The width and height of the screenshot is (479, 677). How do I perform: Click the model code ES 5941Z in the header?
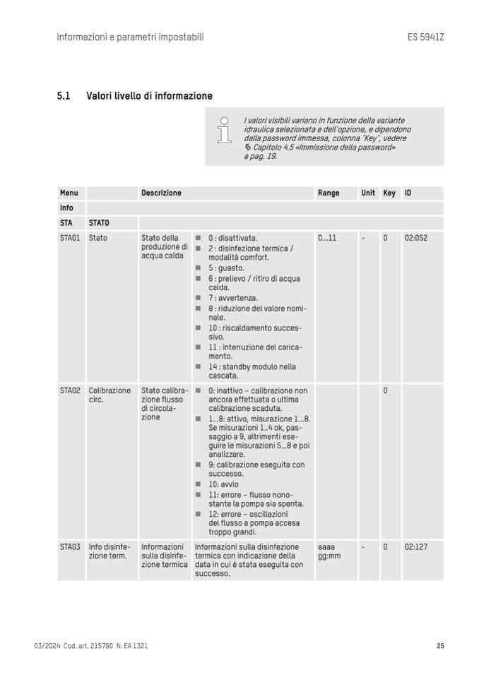point(425,37)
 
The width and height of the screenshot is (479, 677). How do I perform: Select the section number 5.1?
point(63,96)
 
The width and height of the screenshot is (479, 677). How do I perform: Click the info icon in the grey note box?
point(225,129)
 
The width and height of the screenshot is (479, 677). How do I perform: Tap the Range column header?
point(329,193)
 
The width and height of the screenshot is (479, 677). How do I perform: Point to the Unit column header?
point(368,193)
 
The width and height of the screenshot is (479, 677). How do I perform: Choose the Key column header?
point(389,193)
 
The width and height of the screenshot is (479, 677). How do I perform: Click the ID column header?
point(408,193)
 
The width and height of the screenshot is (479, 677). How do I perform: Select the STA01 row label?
point(70,238)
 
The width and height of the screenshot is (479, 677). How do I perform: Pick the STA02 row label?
point(70,390)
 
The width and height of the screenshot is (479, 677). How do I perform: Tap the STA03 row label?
point(70,546)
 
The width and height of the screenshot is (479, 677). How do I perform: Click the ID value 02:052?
point(416,238)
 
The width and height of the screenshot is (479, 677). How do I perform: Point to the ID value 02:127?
point(416,546)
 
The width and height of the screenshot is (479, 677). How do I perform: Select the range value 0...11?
point(327,238)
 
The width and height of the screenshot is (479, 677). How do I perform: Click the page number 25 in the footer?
point(440,646)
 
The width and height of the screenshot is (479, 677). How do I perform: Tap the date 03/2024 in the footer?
point(46,646)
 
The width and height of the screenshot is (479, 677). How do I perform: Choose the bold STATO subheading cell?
point(99,223)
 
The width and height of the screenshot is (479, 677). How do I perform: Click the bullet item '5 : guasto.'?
point(226,268)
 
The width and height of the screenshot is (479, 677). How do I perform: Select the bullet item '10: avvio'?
point(223,484)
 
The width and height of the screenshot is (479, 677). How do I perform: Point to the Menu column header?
point(69,193)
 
